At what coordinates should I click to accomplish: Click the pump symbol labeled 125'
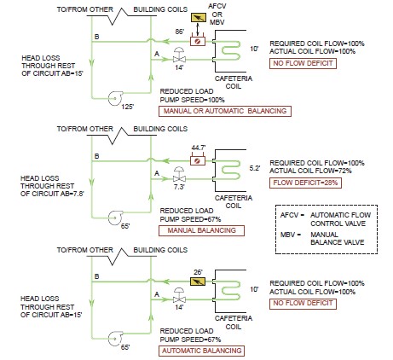click(115, 98)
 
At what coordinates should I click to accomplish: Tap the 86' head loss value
click(180, 32)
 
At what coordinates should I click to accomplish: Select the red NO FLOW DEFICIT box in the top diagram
click(303, 63)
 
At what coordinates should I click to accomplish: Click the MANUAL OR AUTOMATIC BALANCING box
click(225, 111)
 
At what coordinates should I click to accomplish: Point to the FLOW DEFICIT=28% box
click(305, 183)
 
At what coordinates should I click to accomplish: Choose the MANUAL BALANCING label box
click(201, 230)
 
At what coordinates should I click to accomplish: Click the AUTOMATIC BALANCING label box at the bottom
click(201, 351)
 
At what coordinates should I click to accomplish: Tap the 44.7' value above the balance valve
click(199, 148)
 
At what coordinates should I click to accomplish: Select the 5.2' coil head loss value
click(255, 168)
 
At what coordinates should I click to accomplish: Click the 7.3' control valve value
click(179, 187)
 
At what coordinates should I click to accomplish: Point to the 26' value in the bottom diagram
click(198, 272)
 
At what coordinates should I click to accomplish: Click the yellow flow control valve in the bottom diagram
click(198, 282)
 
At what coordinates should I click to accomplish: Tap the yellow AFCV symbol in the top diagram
click(199, 18)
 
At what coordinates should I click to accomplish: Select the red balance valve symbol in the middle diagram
click(198, 160)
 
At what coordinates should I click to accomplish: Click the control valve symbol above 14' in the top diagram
click(179, 55)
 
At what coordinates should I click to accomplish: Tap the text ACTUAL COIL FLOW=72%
click(310, 171)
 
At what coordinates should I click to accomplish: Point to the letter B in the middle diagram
click(96, 156)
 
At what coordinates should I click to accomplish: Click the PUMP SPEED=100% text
click(192, 100)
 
